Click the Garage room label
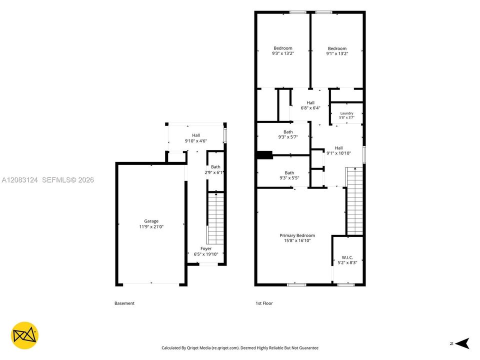coord(151,221)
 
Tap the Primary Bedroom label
coord(297,235)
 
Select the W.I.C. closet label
coord(347,257)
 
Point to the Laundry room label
coord(347,113)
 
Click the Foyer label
coord(206,248)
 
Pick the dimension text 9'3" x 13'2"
coord(283,53)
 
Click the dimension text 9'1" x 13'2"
coord(337,53)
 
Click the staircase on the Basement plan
coord(215,218)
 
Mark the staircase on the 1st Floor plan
coord(354,201)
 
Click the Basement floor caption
coord(124,303)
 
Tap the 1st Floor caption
coord(264,303)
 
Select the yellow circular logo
coord(24,335)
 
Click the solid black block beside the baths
coord(265,155)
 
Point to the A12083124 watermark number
coord(19,180)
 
